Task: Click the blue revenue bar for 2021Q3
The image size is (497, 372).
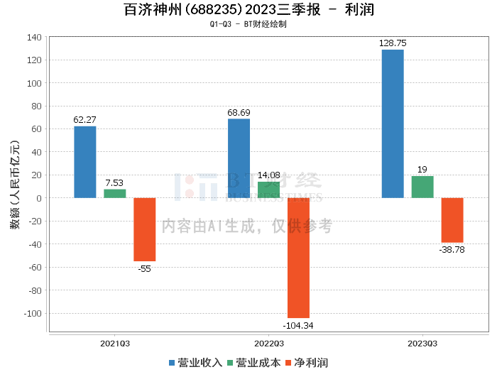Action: pos(85,162)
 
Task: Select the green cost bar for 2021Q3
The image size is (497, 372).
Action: pos(115,193)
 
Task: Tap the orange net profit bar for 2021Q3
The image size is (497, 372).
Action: pos(145,229)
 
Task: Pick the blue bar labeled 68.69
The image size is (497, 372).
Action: pos(239,158)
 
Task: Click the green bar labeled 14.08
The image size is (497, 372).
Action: pos(268,190)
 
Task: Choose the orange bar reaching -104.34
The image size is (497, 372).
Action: pos(298,258)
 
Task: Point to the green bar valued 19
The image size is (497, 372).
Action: pos(422,187)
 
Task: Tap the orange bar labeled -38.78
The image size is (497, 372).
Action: pos(452,220)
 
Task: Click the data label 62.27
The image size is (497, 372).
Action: pos(85,120)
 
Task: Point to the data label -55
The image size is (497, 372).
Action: pos(145,268)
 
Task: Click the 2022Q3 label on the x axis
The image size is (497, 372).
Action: pos(268,343)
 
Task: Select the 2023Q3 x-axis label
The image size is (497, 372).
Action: pos(422,343)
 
